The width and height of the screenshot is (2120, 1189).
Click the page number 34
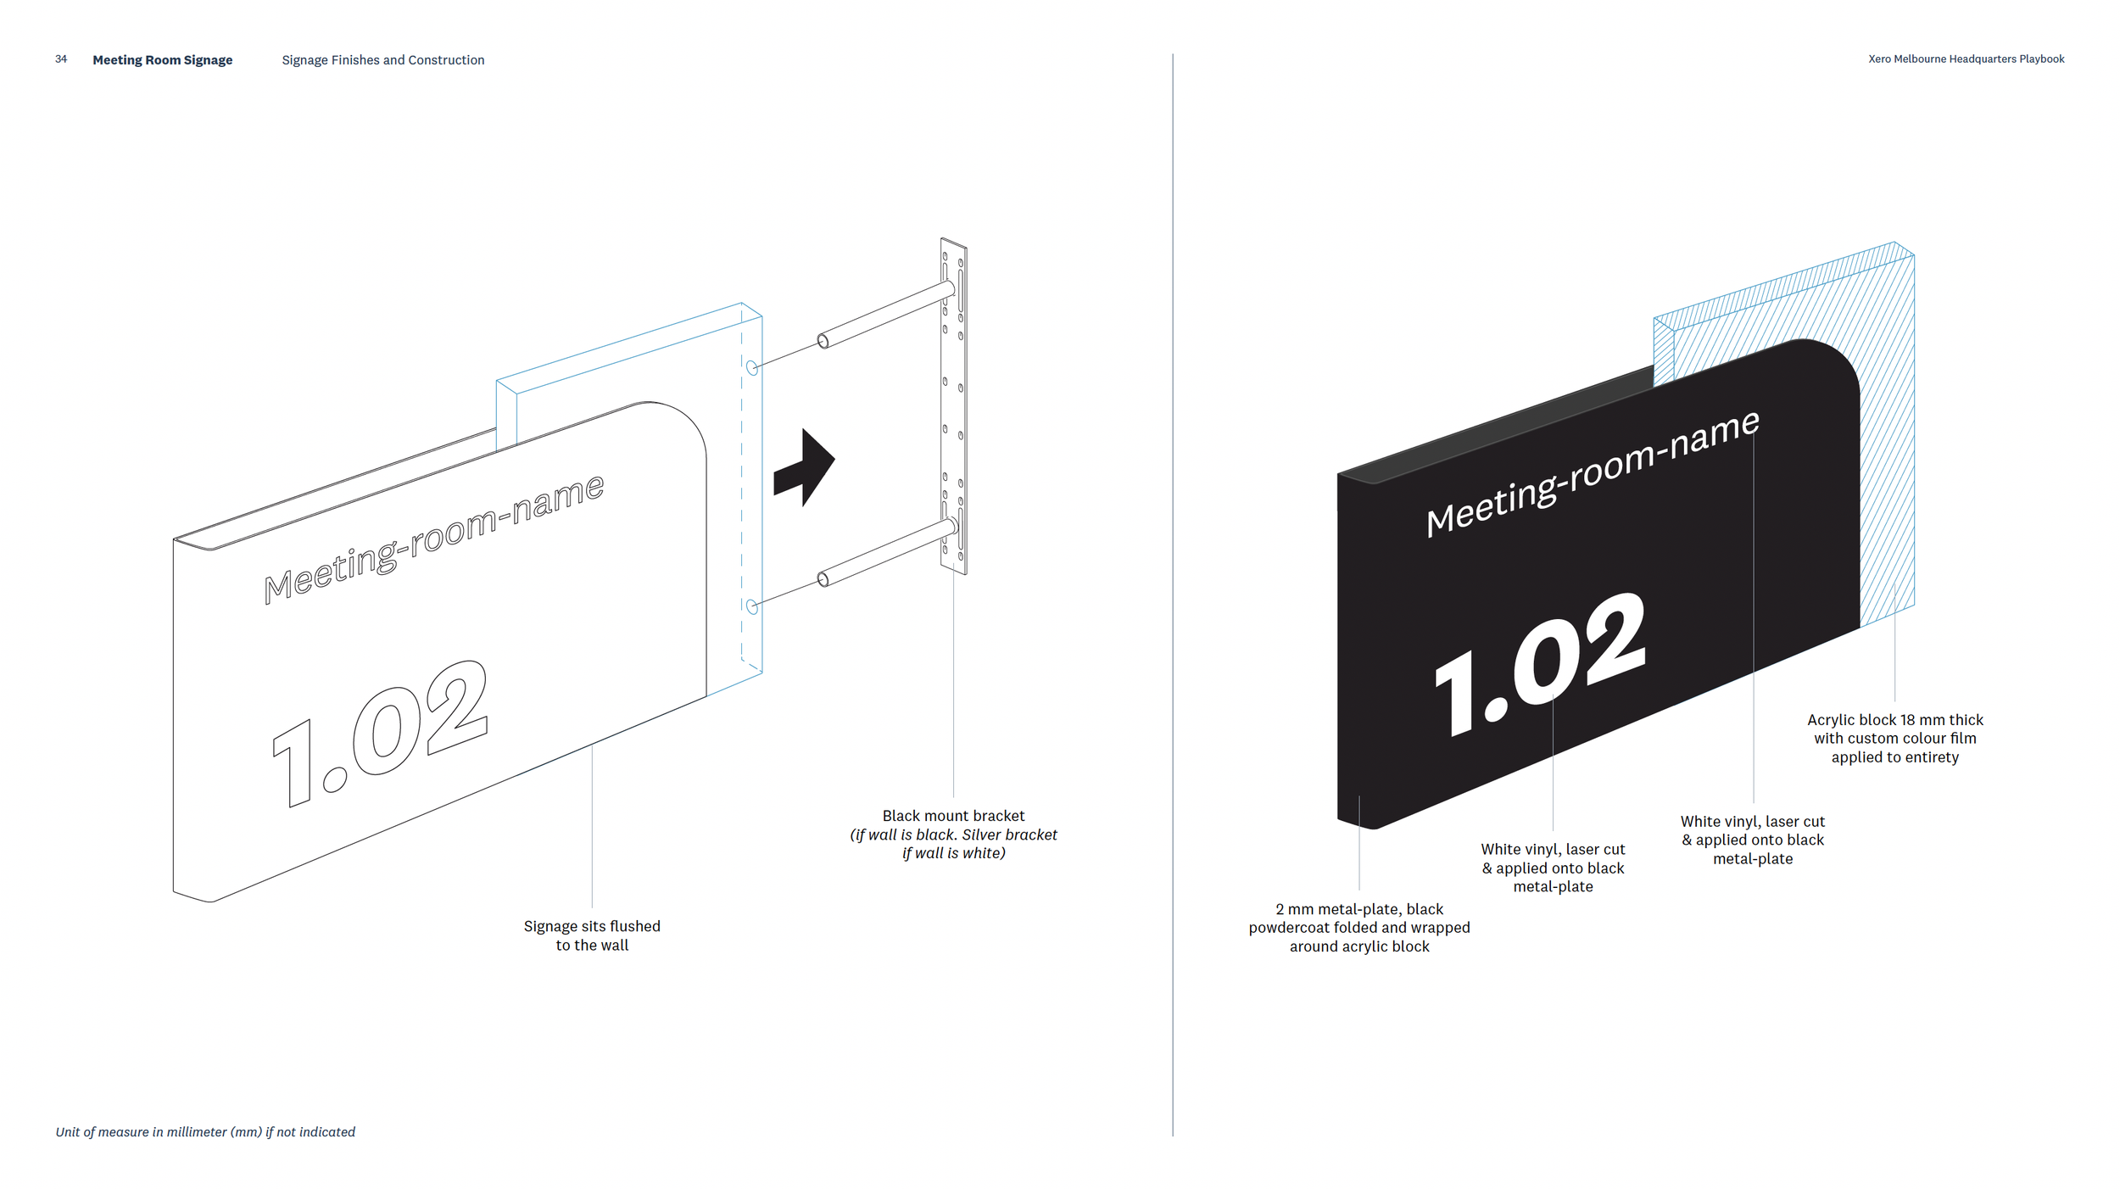pyautogui.click(x=61, y=59)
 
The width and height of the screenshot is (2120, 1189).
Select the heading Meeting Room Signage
pyautogui.click(x=162, y=60)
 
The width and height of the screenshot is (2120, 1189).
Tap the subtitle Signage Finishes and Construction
pyautogui.click(x=382, y=60)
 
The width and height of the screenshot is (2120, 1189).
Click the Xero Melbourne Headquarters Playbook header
pyautogui.click(x=1966, y=59)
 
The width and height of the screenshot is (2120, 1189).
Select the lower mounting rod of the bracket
pyautogui.click(x=886, y=554)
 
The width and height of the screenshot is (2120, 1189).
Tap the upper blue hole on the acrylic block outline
pyautogui.click(x=751, y=368)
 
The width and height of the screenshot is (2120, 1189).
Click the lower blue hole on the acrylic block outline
pyautogui.click(x=751, y=606)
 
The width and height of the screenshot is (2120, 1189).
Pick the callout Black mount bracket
pyautogui.click(x=953, y=816)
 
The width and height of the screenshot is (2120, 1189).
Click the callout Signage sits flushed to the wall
pyautogui.click(x=592, y=935)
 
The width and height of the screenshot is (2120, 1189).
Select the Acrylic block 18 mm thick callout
pyautogui.click(x=1894, y=738)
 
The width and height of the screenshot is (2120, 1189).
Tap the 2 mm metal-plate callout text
pyautogui.click(x=1358, y=927)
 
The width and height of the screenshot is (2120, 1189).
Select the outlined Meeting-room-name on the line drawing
pyautogui.click(x=433, y=539)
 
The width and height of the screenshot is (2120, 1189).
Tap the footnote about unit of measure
pyautogui.click(x=205, y=1132)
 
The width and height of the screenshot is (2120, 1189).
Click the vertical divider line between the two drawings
pyautogui.click(x=1173, y=594)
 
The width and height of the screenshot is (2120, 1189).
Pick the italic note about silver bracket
pyautogui.click(x=953, y=844)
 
